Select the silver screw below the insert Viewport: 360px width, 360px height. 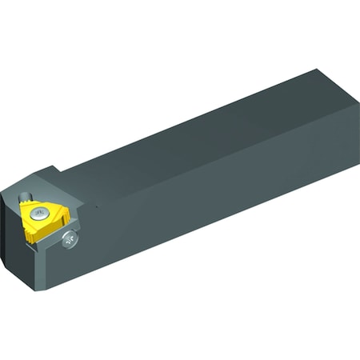pos(70,238)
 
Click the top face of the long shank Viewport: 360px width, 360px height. pos(200,136)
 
